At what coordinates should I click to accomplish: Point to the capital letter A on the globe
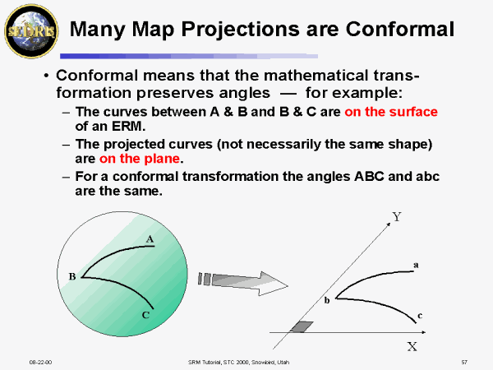click(x=150, y=239)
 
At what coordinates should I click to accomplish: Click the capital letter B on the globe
click(x=72, y=276)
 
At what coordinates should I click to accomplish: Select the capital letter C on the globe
click(x=145, y=314)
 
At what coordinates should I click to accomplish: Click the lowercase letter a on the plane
click(x=416, y=265)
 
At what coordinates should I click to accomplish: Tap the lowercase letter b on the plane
click(x=326, y=301)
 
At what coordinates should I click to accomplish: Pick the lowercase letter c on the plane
click(x=420, y=315)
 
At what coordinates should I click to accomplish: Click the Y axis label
click(x=396, y=217)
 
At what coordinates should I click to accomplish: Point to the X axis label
click(x=412, y=346)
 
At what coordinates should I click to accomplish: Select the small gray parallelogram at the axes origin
click(x=302, y=327)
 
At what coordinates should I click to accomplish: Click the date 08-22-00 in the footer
click(x=40, y=362)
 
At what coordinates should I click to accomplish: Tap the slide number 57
click(x=464, y=362)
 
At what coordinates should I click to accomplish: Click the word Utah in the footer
click(x=280, y=362)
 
